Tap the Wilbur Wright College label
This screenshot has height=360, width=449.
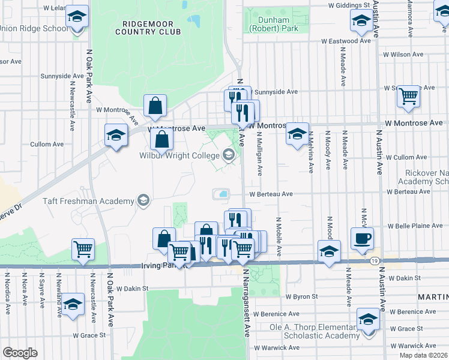pos(179,155)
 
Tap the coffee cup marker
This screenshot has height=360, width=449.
pos(363,239)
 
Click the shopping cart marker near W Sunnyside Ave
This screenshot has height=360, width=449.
pos(408,95)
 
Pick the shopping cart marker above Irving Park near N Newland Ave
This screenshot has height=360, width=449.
pos(83,249)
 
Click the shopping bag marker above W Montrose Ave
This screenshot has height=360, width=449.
pos(155,106)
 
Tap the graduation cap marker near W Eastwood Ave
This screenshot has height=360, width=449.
pos(360,22)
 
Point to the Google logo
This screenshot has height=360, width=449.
pos(20,352)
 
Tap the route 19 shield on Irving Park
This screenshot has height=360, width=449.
pos(375,260)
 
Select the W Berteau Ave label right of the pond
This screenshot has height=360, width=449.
pos(271,194)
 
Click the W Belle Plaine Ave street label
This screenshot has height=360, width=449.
pos(415,226)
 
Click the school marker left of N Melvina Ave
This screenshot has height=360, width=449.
pos(297,134)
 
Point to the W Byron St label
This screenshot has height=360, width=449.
pos(301,296)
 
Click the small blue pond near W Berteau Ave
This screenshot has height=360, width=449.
pos(223,194)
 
